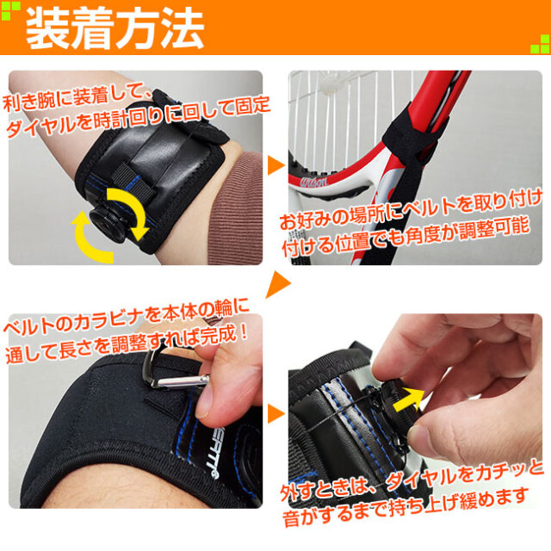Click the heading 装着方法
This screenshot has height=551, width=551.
pyautogui.click(x=115, y=28)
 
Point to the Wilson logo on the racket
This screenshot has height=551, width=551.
pyautogui.click(x=313, y=182)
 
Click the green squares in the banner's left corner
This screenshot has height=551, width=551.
pyautogui.click(x=10, y=11)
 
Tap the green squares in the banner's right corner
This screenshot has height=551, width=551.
pyautogui.click(x=540, y=44)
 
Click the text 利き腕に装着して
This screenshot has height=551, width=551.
pyautogui.click(x=75, y=97)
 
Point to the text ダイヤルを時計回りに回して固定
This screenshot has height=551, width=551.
pyautogui.click(x=138, y=117)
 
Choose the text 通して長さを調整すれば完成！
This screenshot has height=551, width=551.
pyautogui.click(x=127, y=344)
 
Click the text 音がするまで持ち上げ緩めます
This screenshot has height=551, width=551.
pyautogui.click(x=406, y=507)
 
